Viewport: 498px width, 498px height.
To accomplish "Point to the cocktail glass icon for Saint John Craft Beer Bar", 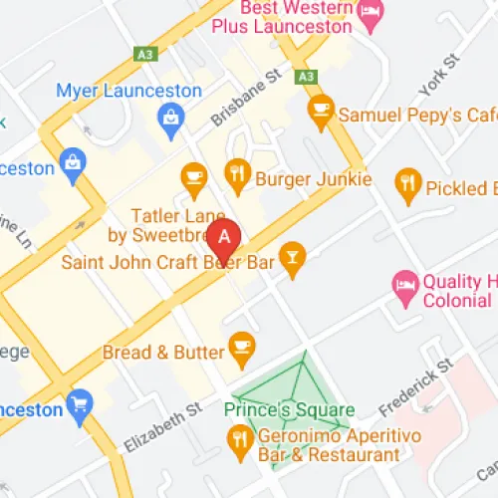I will click(x=291, y=258).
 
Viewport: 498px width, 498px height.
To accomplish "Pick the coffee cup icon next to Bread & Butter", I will click(x=240, y=345).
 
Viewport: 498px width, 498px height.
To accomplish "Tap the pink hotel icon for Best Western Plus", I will click(x=372, y=14).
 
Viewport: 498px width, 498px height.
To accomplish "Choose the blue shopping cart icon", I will click(x=79, y=404).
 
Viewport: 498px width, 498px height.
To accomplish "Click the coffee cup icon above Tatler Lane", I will click(x=194, y=177).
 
